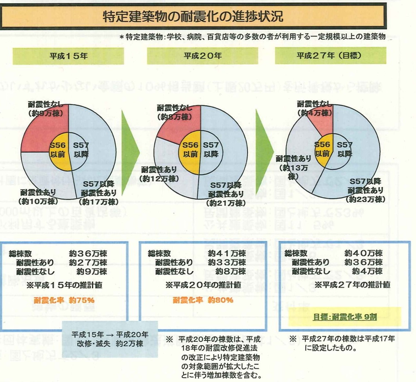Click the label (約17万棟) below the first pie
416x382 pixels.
click(x=99, y=202)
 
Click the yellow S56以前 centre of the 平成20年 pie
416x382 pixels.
click(x=190, y=149)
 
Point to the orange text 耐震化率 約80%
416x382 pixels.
click(x=203, y=300)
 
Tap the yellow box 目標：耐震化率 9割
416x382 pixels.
click(x=345, y=316)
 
